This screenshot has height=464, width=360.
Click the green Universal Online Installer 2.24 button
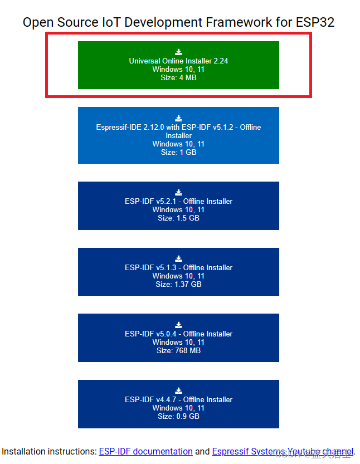pyautogui.click(x=178, y=65)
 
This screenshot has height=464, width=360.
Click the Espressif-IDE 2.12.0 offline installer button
pyautogui.click(x=178, y=135)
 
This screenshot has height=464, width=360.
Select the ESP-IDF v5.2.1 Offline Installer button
pyautogui.click(x=178, y=206)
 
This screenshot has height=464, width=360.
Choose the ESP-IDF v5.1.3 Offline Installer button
pyautogui.click(x=178, y=272)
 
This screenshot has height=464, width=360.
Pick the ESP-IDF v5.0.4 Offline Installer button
pyautogui.click(x=178, y=338)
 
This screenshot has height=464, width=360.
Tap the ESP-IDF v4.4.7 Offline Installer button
pyautogui.click(x=178, y=404)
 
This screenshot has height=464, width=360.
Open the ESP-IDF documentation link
pyautogui.click(x=145, y=452)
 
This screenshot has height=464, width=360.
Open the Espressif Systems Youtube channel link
pyautogui.click(x=283, y=452)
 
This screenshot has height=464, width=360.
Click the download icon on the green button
pyautogui.click(x=178, y=52)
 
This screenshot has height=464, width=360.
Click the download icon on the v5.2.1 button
pyautogui.click(x=178, y=193)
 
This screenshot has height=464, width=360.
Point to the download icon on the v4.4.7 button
pyautogui.click(x=178, y=391)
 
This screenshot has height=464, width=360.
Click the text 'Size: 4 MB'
pyautogui.click(x=178, y=77)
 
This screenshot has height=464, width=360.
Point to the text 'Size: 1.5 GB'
pyautogui.click(x=178, y=218)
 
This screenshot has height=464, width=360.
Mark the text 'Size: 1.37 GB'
pyautogui.click(x=178, y=284)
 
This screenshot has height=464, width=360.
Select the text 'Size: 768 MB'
pyautogui.click(x=178, y=350)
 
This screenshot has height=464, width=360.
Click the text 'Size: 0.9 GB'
pyautogui.click(x=178, y=416)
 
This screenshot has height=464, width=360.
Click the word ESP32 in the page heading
pyautogui.click(x=315, y=22)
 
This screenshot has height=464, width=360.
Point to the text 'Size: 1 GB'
pyautogui.click(x=178, y=152)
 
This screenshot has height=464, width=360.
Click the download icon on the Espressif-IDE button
pyautogui.click(x=178, y=119)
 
